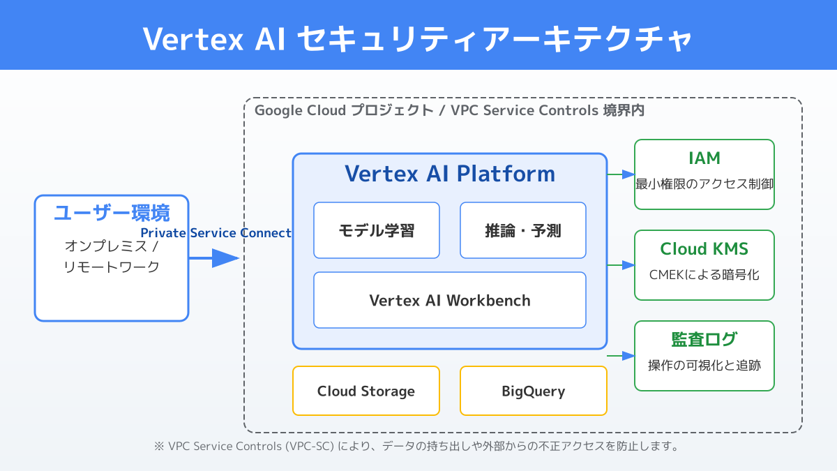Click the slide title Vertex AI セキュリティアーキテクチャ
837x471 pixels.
pyautogui.click(x=418, y=38)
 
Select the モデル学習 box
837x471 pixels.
pyautogui.click(x=377, y=230)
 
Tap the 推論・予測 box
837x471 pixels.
pyautogui.click(x=523, y=230)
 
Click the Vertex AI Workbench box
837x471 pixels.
pyautogui.click(x=450, y=300)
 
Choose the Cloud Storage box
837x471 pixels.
pyautogui.click(x=366, y=391)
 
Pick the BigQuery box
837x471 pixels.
pyautogui.click(x=534, y=391)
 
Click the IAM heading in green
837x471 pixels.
pyautogui.click(x=704, y=158)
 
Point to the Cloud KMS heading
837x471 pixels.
pyautogui.click(x=704, y=249)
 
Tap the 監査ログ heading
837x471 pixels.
pyautogui.click(x=704, y=340)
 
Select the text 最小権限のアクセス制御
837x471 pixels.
pyautogui.click(x=704, y=184)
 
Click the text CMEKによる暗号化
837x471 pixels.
pyautogui.click(x=704, y=274)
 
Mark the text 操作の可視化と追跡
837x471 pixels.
pyautogui.click(x=704, y=365)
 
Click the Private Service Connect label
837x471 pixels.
pyautogui.click(x=216, y=233)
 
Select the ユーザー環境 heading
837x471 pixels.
pyautogui.click(x=112, y=213)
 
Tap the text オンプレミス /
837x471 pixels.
pyautogui.click(x=112, y=246)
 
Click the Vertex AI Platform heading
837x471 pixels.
pyautogui.click(x=450, y=173)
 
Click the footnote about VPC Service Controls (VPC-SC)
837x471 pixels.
pyautogui.click(x=416, y=446)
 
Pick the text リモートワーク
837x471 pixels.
pyautogui.click(x=112, y=267)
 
